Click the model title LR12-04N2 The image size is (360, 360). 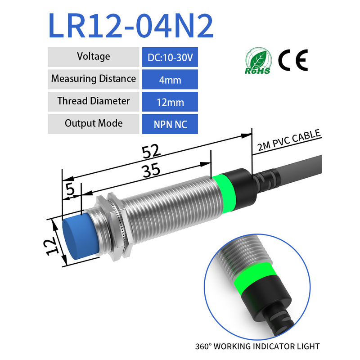click(131, 26)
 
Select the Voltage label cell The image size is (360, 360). click(94, 57)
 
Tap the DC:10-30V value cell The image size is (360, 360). click(170, 57)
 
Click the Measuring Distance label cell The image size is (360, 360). click(94, 79)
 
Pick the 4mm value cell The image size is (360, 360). click(170, 79)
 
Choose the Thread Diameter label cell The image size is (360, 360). click(94, 102)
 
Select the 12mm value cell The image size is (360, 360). click(170, 102)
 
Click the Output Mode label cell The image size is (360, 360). click(94, 124)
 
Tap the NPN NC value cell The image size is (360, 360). click(170, 124)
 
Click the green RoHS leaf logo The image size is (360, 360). click(258, 61)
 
